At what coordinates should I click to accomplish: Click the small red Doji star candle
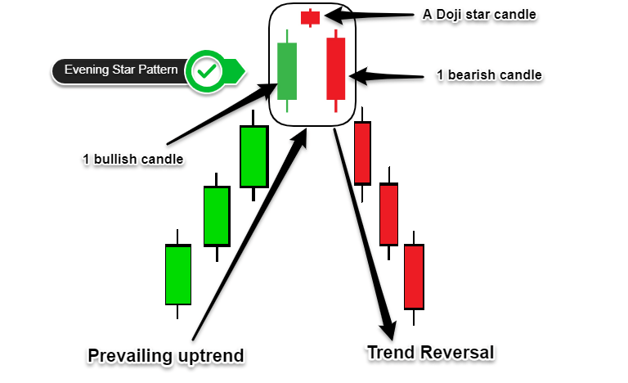(x=310, y=18)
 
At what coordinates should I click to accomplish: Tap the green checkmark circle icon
(x=207, y=72)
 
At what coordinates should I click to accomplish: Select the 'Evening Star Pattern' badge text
(x=121, y=70)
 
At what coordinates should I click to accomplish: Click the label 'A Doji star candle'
(x=479, y=15)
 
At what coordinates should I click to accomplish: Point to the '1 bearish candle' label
(x=489, y=75)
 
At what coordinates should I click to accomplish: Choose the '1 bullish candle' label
(x=133, y=160)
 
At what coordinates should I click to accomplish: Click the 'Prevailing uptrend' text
(x=166, y=356)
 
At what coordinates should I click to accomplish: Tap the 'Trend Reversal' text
(x=431, y=353)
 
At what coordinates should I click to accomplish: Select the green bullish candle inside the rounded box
(x=287, y=71)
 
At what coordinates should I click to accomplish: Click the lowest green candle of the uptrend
(x=177, y=274)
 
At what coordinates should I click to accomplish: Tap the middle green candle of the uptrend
(x=217, y=216)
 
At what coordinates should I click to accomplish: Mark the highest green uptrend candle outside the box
(x=253, y=156)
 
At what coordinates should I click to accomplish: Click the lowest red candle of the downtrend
(x=414, y=277)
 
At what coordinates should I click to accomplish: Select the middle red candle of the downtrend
(x=388, y=214)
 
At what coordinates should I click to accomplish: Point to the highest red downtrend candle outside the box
(x=362, y=154)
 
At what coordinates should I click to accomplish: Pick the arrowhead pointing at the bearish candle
(x=359, y=76)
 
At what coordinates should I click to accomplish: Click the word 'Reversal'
(x=457, y=353)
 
